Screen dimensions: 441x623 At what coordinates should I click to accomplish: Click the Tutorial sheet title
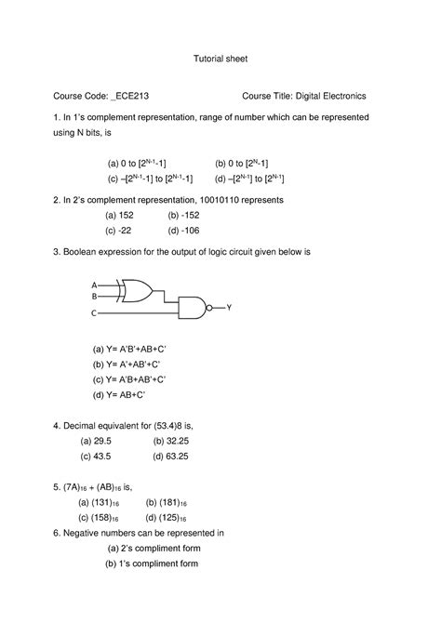pyautogui.click(x=220, y=58)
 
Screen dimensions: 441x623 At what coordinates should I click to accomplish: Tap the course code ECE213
pyautogui.click(x=131, y=96)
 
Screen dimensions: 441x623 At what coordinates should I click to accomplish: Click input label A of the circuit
pyautogui.click(x=94, y=285)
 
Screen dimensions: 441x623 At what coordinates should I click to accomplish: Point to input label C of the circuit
pyautogui.click(x=94, y=314)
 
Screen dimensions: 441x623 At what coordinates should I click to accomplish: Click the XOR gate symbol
pyautogui.click(x=136, y=290)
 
